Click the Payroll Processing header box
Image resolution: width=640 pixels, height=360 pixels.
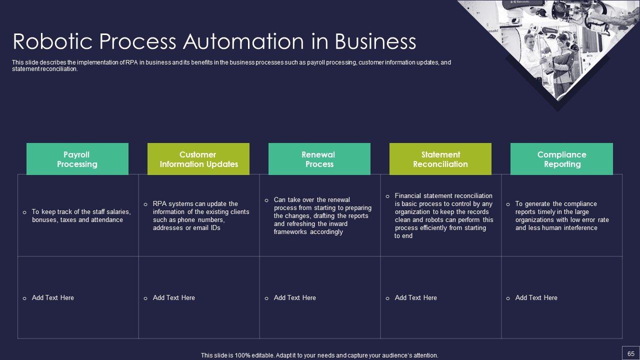point(77,159)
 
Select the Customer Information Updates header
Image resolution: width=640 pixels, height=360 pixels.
point(198,159)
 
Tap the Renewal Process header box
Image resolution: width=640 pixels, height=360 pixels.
point(319,159)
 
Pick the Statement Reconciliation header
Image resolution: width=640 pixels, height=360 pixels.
point(440,159)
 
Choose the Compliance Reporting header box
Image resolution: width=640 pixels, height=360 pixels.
point(561,159)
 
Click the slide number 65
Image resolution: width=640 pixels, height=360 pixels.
point(630,353)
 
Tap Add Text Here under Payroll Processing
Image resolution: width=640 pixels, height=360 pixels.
point(52,298)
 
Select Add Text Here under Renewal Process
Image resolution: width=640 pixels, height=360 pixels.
point(294,298)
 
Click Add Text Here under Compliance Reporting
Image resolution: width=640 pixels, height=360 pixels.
point(536,298)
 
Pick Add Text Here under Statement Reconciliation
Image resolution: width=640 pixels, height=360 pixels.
point(415,298)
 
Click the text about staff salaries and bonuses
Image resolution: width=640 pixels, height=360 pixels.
point(81,216)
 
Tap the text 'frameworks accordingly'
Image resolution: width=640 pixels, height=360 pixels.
point(308,232)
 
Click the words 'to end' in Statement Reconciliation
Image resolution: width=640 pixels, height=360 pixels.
point(403,236)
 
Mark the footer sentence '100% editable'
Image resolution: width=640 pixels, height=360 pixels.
point(319,355)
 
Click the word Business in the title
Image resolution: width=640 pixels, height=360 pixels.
point(375,41)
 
